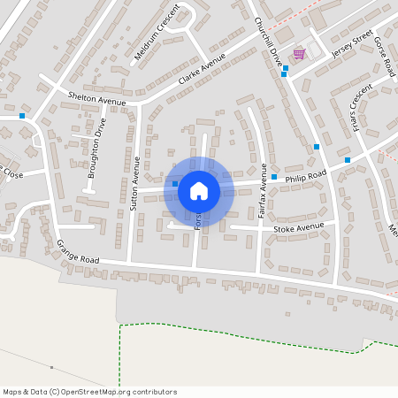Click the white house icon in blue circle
coord(198,190)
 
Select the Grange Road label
coord(78,252)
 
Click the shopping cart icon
coord(299,54)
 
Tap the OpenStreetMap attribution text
coord(89,392)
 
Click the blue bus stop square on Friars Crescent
coord(348,160)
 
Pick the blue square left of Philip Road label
coord(274,178)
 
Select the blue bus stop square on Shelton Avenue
coord(21,115)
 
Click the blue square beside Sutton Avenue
coord(175,184)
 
